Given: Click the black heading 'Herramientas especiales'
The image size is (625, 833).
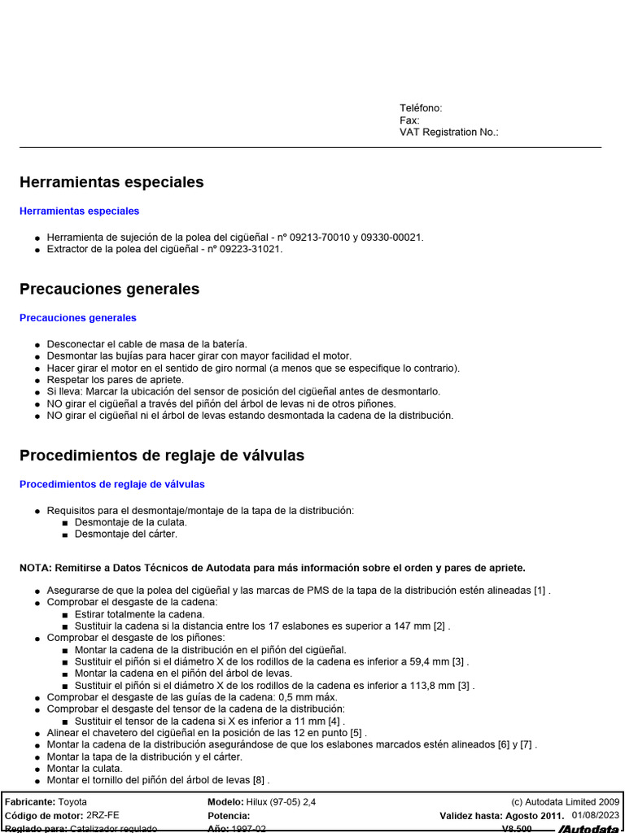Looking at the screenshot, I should [111, 182].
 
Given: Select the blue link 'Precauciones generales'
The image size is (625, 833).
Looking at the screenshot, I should [78, 318].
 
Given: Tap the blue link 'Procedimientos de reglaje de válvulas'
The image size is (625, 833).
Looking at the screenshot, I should [112, 484].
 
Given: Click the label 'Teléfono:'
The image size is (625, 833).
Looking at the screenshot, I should [421, 108].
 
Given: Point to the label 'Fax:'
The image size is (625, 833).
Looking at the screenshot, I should [409, 120].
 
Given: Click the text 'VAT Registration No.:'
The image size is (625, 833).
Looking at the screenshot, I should [448, 132].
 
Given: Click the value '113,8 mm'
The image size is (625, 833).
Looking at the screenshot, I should [437, 685].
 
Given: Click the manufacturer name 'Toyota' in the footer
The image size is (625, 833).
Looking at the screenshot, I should [72, 802].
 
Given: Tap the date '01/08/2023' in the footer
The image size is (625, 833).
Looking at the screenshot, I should [596, 815].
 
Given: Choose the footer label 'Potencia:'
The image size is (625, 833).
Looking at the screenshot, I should [229, 815].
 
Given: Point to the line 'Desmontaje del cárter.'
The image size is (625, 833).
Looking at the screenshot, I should [125, 534].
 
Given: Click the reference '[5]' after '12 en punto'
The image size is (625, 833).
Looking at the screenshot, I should [356, 732].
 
